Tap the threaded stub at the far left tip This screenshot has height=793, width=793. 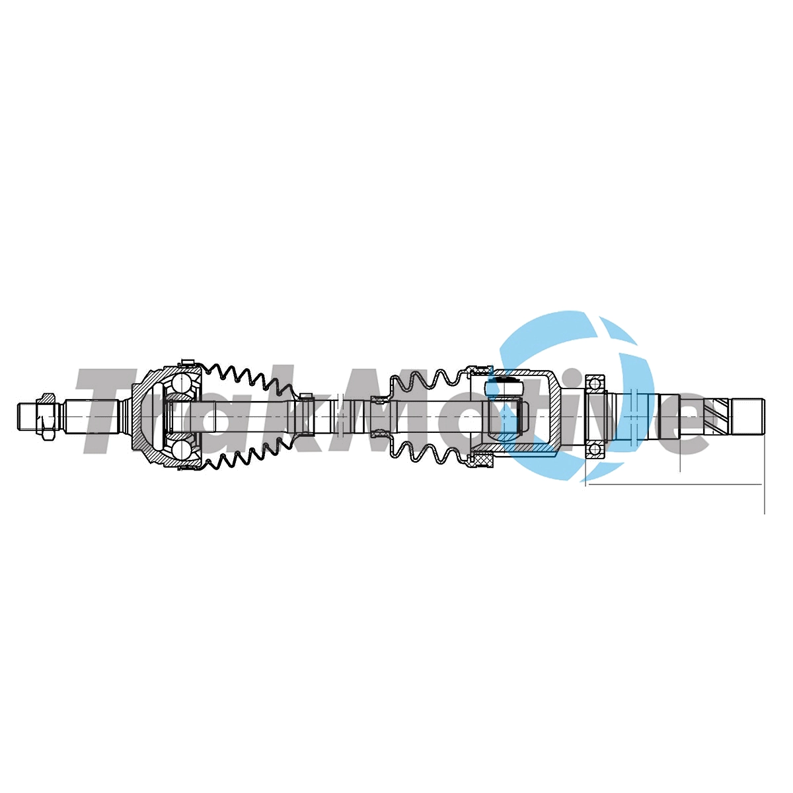click(x=26, y=417)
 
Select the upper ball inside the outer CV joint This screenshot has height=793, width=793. click(x=180, y=385)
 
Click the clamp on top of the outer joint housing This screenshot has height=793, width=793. click(x=187, y=363)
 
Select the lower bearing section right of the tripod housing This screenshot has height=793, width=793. click(x=595, y=449)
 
